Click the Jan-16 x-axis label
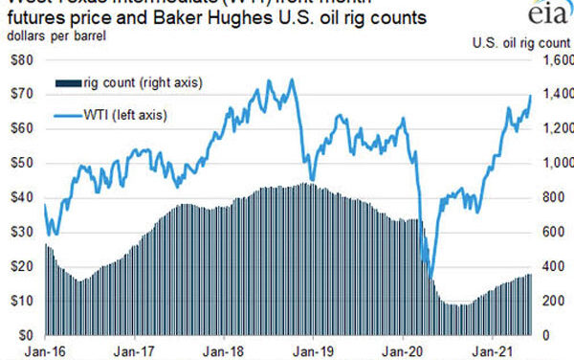tap(21, 351)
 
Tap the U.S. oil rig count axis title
tap(522, 41)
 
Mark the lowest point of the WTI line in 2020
tap(430, 279)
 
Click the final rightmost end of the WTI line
tap(532, 95)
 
